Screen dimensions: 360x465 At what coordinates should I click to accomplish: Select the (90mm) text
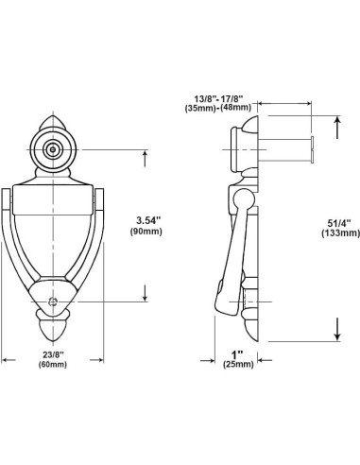tap(146, 232)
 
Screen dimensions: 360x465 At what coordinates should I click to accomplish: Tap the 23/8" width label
tap(53, 354)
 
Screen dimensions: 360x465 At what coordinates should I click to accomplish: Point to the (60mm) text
tap(53, 365)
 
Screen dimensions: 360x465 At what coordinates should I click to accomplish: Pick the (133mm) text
tap(340, 233)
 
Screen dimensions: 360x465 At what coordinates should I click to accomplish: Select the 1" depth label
tap(237, 354)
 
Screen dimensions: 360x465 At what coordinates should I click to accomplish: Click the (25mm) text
tap(238, 365)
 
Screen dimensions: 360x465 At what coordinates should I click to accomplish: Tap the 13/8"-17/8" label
tap(219, 98)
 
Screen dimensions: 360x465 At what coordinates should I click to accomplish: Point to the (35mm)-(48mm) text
tap(218, 108)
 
